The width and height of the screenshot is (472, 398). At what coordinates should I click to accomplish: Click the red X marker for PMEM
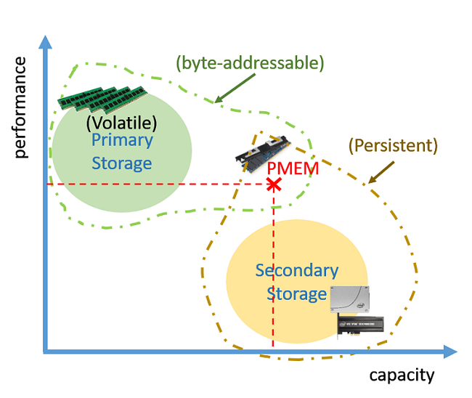click(x=274, y=184)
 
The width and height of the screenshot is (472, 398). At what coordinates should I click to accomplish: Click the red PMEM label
click(x=293, y=168)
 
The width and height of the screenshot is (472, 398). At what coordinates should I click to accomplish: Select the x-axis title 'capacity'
click(x=402, y=375)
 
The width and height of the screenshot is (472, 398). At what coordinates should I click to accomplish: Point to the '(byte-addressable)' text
click(x=249, y=63)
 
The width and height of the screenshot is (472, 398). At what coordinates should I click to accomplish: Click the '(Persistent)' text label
click(x=393, y=145)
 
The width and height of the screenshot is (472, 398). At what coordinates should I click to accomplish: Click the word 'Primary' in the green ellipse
click(x=122, y=140)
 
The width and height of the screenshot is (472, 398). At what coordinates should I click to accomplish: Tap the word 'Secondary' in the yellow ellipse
click(x=296, y=271)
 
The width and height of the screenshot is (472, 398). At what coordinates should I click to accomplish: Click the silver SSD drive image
click(x=350, y=300)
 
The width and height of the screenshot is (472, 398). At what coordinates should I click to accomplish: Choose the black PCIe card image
click(x=360, y=324)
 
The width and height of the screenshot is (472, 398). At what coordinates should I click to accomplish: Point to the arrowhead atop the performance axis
click(x=45, y=41)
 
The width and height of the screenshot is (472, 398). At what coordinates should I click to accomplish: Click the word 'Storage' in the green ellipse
click(x=122, y=163)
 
